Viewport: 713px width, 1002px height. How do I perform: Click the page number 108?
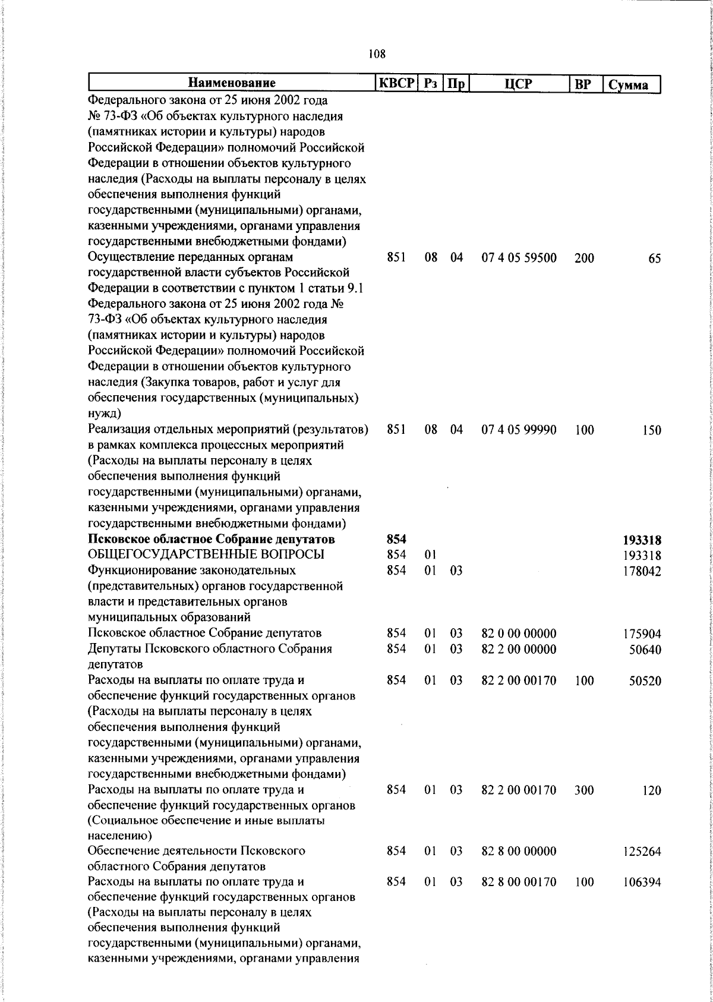coord(377,54)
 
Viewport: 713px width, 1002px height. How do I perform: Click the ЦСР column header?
coord(518,84)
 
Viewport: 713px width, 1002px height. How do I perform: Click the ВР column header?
coord(583,84)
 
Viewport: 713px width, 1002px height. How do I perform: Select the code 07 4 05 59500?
coord(519,258)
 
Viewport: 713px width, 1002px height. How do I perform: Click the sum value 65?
coord(654,259)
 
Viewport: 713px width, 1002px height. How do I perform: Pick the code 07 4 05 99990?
coord(519,430)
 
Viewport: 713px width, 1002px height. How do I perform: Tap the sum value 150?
coord(651,430)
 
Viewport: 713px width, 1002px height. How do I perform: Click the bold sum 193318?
coord(642,540)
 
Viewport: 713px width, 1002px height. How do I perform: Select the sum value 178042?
coord(642,571)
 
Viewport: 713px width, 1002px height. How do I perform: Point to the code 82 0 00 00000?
coord(519,634)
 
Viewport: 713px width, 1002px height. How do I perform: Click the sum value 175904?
coord(642,634)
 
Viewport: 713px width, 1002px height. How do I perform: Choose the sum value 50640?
coord(645,650)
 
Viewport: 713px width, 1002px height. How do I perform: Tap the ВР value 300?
coord(584,790)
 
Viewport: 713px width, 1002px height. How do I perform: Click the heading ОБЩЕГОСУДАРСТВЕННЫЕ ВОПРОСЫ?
coord(206,555)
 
